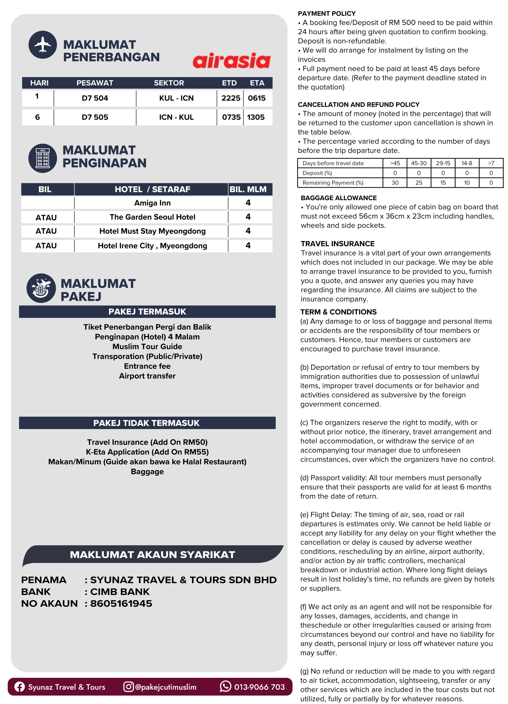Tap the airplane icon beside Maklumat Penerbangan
tap(43, 45)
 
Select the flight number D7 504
tap(95, 98)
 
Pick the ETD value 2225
tap(230, 98)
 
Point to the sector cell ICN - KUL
tap(176, 117)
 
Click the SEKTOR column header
tap(169, 83)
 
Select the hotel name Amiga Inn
tap(152, 203)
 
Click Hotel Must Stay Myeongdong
tap(152, 231)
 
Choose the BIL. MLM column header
tap(248, 189)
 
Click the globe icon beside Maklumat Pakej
tap(41, 288)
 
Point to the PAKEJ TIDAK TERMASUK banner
tap(147, 423)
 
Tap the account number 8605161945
tap(121, 604)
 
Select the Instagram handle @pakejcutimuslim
tap(166, 687)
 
